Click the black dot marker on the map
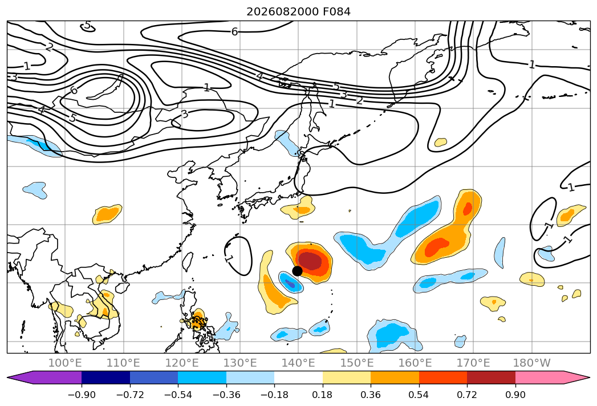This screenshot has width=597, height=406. [297, 271]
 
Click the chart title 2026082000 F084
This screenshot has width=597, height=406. [299, 12]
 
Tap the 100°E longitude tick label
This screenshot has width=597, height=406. [65, 363]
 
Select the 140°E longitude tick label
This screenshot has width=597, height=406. [298, 363]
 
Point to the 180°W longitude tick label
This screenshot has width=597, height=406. [531, 363]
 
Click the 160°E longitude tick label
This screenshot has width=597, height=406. [415, 363]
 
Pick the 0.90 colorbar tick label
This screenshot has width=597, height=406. [515, 395]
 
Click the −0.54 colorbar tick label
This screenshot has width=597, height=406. [178, 395]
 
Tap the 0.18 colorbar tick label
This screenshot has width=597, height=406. [322, 395]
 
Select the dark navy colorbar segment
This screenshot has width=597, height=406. [106, 377]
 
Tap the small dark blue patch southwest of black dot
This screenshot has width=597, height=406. [290, 284]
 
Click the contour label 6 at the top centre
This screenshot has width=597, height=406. [234, 31]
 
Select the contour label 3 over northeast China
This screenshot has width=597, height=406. [185, 114]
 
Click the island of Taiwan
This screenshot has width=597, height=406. [188, 262]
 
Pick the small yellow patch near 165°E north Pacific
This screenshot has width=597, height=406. [441, 142]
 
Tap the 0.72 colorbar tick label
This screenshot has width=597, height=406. [467, 395]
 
